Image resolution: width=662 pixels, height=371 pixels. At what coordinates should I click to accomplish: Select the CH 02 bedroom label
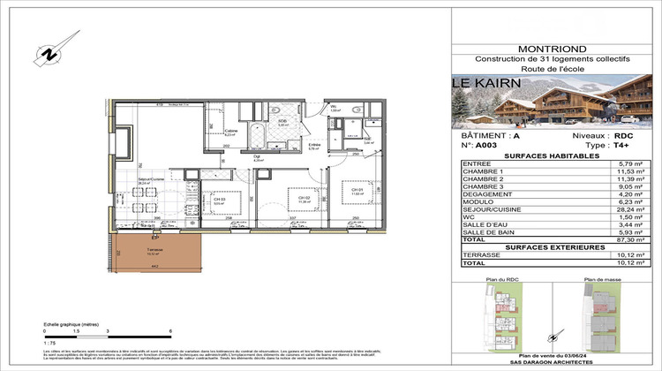click(282, 199)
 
